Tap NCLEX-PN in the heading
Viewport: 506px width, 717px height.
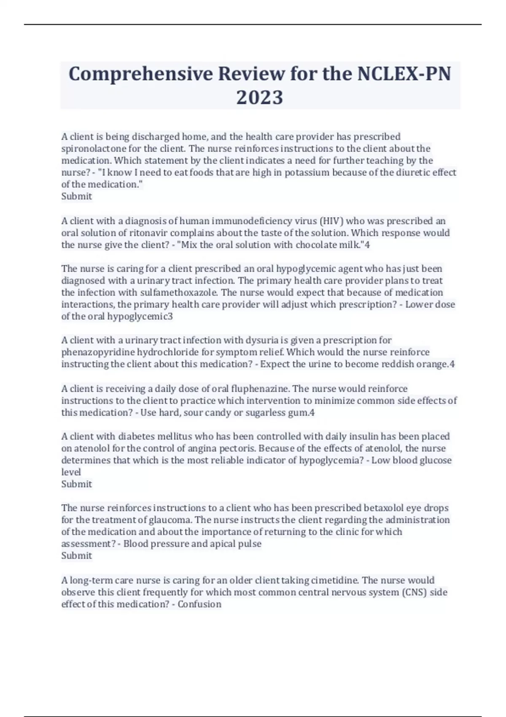pyautogui.click(x=404, y=74)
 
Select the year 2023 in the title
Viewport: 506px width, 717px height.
pyautogui.click(x=259, y=97)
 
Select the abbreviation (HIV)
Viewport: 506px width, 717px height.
pyautogui.click(x=331, y=221)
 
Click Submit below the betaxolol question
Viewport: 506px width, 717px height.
pyautogui.click(x=76, y=555)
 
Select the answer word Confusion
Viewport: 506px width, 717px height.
pyautogui.click(x=199, y=604)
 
